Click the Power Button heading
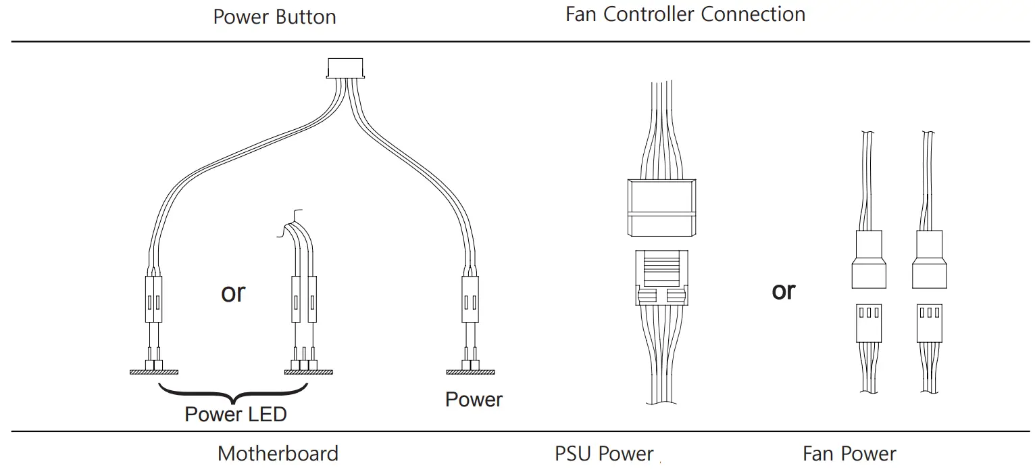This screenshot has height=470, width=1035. (x=274, y=16)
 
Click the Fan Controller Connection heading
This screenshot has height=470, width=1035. (x=685, y=14)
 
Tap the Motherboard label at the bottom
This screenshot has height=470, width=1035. (x=278, y=453)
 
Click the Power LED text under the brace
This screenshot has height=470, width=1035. (x=236, y=414)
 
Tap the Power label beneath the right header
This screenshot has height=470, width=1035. (x=474, y=399)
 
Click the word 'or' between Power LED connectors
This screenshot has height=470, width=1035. (x=233, y=293)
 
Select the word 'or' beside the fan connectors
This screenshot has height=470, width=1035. (x=784, y=291)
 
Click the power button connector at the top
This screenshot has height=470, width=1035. (x=345, y=68)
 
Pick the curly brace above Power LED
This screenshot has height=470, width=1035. (x=233, y=392)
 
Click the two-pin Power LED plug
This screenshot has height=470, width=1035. (x=153, y=298)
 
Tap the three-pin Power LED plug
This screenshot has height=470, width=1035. (x=303, y=298)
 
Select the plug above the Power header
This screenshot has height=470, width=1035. (x=470, y=298)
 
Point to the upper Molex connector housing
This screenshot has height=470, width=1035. (x=661, y=208)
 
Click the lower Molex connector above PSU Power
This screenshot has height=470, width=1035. (x=661, y=277)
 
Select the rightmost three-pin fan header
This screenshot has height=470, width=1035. (x=929, y=323)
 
